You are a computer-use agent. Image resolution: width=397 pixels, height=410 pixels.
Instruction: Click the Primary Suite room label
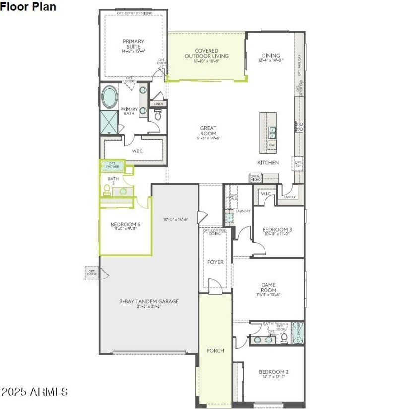pos(133,44)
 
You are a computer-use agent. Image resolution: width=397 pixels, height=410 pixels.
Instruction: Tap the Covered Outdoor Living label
pos(206,53)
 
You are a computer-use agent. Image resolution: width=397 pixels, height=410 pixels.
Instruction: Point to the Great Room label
pos(208,131)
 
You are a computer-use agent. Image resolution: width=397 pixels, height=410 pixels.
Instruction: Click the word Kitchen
pos(268,162)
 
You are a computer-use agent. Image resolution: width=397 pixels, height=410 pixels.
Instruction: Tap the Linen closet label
pos(158,104)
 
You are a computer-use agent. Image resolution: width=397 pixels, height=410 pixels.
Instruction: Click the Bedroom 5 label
pos(125,224)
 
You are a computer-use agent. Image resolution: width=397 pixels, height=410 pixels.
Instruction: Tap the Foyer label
pos(215,262)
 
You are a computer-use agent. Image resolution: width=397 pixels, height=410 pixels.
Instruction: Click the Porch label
pos(215,350)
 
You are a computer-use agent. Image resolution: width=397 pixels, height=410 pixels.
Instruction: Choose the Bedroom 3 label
pos(277,229)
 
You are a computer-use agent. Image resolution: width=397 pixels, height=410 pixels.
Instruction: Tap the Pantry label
pos(289,197)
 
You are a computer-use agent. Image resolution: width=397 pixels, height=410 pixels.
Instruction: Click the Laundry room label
pos(243,211)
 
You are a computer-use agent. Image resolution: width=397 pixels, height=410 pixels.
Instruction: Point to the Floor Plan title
pos(28,7)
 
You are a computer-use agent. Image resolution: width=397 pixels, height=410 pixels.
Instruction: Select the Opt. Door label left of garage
pos(92,273)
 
